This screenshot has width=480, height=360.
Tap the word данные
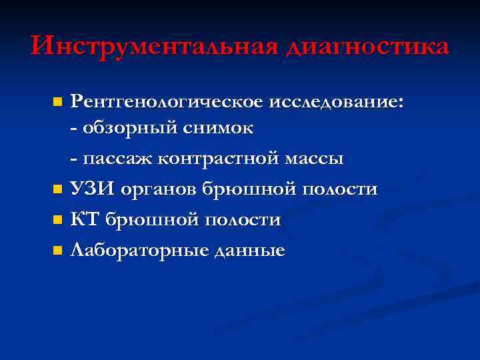[x=249, y=251]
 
